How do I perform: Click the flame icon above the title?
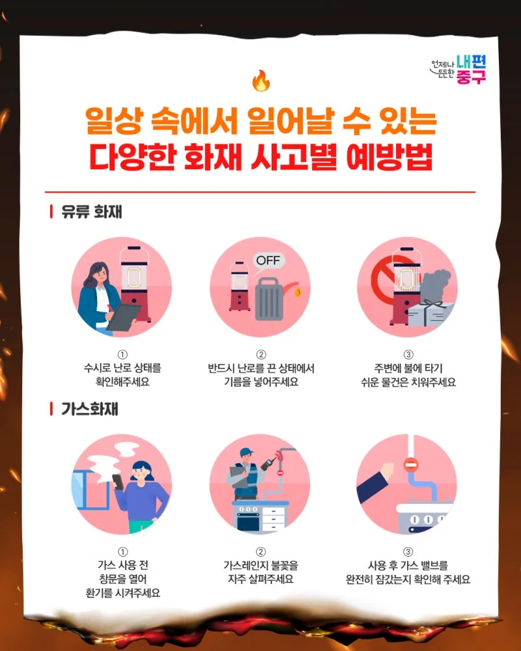point(261,80)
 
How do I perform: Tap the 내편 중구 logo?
point(458,70)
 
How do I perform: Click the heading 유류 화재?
point(91,212)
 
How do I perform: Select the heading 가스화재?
point(90,409)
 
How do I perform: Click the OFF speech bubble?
point(269,262)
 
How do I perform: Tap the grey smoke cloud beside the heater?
point(434,286)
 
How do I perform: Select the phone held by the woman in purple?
point(118,482)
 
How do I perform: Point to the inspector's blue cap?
point(246,451)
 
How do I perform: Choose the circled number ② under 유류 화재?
point(261,355)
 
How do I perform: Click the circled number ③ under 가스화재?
point(408,552)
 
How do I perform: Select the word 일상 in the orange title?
point(114,120)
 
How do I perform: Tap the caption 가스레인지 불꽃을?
point(261,565)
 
